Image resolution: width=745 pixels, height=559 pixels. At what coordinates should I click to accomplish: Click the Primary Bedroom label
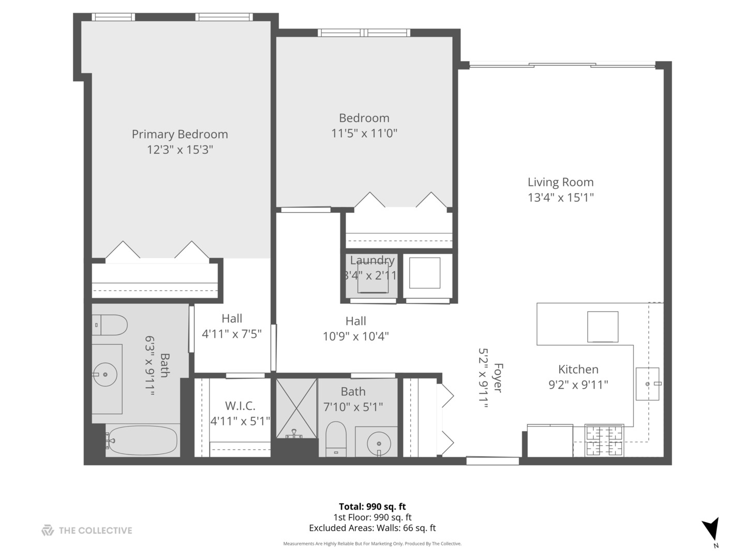pyautogui.click(x=180, y=135)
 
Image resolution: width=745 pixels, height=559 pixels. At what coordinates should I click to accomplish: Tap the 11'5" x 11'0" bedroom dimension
pyautogui.click(x=364, y=134)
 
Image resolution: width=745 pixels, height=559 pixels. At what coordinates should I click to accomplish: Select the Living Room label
pyautogui.click(x=560, y=182)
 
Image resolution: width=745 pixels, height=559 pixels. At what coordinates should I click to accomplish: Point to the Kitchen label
pyautogui.click(x=578, y=370)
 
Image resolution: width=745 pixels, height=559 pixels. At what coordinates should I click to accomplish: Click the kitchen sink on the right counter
pyautogui.click(x=648, y=384)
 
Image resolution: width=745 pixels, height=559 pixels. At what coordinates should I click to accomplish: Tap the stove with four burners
pyautogui.click(x=604, y=440)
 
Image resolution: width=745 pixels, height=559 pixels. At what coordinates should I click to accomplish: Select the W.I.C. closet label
pyautogui.click(x=240, y=406)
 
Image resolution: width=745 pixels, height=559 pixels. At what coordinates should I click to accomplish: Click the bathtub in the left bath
pyautogui.click(x=143, y=441)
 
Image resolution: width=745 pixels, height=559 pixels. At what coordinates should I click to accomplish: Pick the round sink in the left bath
pyautogui.click(x=106, y=374)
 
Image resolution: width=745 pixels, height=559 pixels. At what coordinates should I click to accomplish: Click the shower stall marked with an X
pyautogui.click(x=296, y=408)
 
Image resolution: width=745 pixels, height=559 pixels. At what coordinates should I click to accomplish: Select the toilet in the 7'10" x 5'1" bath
pyautogui.click(x=336, y=438)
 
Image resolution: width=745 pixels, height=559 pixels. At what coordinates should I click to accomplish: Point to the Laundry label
pyautogui.click(x=372, y=260)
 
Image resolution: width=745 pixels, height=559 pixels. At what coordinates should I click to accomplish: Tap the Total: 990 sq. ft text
pyautogui.click(x=372, y=507)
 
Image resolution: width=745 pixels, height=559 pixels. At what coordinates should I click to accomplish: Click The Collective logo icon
pyautogui.click(x=48, y=531)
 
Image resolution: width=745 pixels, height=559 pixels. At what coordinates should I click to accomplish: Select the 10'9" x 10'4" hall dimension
pyautogui.click(x=356, y=336)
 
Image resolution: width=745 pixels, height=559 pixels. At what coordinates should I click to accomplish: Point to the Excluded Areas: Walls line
pyautogui.click(x=372, y=528)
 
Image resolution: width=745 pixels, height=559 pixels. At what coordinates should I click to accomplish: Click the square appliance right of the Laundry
pyautogui.click(x=425, y=273)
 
